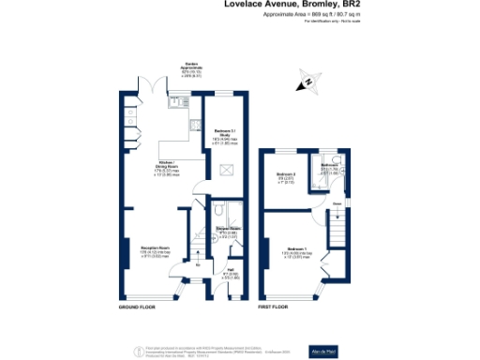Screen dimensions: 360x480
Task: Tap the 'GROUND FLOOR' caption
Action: pos(137,307)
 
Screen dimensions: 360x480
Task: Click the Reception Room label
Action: pos(142,251)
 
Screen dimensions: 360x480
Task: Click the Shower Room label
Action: pos(229,232)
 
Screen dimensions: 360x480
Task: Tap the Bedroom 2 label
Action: pos(288,177)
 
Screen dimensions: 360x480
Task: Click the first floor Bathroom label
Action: pos(330,167)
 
